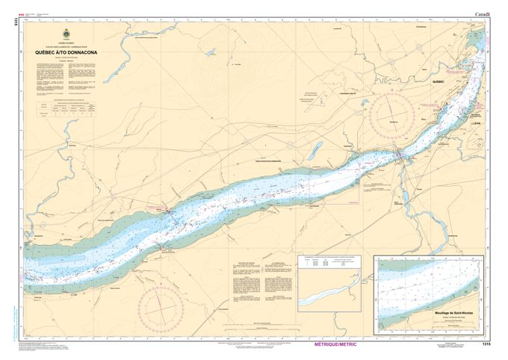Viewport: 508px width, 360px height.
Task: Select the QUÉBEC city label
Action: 438,81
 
